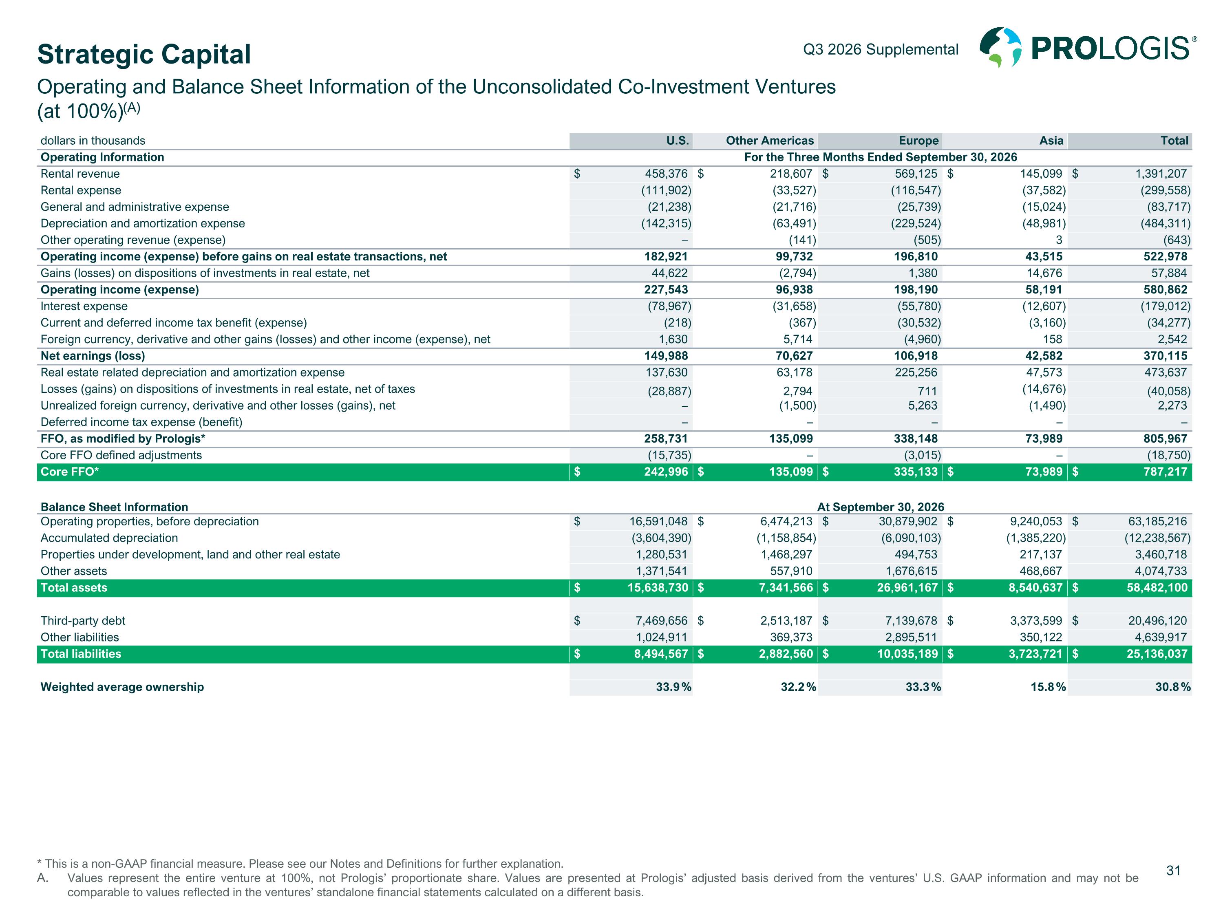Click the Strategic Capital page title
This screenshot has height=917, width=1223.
tap(144, 54)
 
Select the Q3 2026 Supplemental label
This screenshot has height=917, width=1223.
tap(881, 49)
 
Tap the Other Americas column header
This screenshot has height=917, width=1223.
tap(770, 140)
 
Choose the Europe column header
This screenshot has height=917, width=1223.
tap(919, 140)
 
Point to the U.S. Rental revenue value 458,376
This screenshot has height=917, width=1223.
tap(666, 174)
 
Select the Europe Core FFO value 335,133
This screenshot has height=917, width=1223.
tap(916, 472)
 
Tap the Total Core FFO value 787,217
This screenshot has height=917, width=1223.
tap(1165, 472)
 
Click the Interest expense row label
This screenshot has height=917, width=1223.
tap(84, 306)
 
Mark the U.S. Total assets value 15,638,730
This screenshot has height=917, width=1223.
tap(658, 588)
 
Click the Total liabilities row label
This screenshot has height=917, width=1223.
tap(81, 654)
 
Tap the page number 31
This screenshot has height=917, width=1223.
tap(1173, 871)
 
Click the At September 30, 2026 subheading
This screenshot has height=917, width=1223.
tap(881, 507)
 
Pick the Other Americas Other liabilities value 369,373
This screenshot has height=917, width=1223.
tap(791, 637)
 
